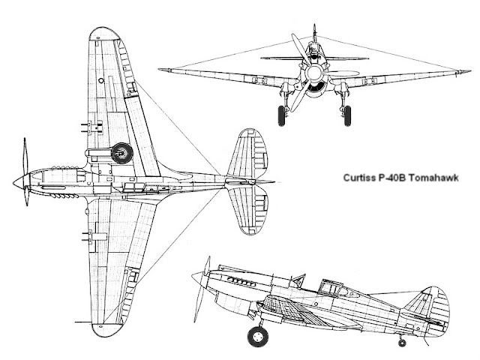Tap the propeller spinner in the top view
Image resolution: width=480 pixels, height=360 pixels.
click(x=19, y=181)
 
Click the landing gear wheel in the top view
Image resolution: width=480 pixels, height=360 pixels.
click(x=121, y=154)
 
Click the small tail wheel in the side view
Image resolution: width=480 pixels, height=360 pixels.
click(x=402, y=343)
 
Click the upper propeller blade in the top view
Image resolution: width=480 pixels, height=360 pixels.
click(x=26, y=156)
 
